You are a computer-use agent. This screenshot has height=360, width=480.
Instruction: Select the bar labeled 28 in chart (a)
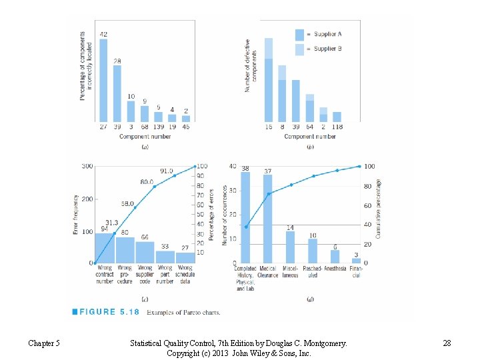[x=117, y=93]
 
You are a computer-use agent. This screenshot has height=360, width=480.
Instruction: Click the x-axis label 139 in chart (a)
[x=159, y=127]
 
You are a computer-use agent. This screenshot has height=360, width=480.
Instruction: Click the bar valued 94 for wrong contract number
[x=104, y=248]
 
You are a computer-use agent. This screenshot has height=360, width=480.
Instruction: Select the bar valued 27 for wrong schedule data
[x=185, y=258]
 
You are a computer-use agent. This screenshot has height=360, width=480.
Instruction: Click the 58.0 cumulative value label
[x=127, y=203]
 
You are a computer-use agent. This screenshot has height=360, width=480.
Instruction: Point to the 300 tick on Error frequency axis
[x=87, y=166]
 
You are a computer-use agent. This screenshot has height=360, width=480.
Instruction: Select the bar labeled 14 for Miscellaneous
[x=290, y=247]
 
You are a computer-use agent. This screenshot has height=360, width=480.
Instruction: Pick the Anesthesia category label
[x=335, y=269]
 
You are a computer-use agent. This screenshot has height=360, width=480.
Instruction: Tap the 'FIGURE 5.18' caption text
[x=107, y=311]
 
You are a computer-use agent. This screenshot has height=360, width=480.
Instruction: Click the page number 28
[x=447, y=343]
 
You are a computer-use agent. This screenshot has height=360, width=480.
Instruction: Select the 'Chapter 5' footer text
[x=44, y=343]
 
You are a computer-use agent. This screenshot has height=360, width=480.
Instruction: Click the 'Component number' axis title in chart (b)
[x=309, y=137]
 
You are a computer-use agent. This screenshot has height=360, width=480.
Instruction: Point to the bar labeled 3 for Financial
[x=356, y=261]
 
